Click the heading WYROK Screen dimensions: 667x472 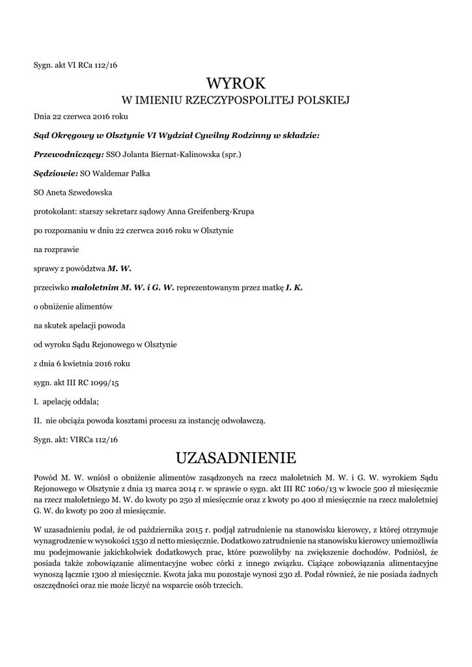point(236,83)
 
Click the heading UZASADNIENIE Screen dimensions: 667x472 point(236,455)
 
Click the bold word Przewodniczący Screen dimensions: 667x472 point(68,154)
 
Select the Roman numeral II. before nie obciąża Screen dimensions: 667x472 point(38,420)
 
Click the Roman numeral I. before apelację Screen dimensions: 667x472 point(36,401)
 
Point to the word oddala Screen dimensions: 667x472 point(87,401)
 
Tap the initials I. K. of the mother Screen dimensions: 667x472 point(294,287)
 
